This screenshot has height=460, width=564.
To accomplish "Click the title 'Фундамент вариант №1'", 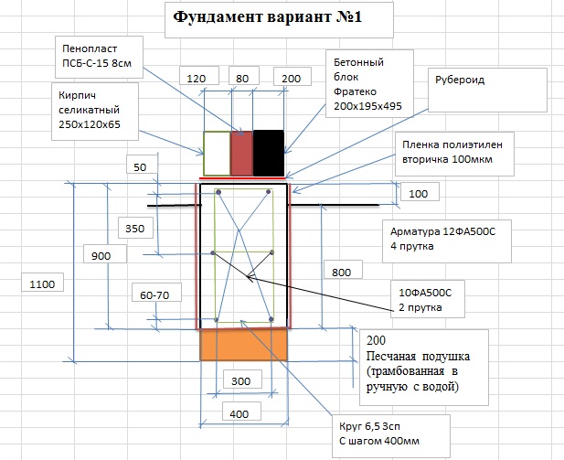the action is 268,16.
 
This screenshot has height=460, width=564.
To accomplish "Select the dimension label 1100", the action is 42,284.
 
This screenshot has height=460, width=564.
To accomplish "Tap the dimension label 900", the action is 101,256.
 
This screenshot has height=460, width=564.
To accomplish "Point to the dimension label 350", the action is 135,229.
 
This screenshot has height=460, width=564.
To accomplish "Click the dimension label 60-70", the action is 154,295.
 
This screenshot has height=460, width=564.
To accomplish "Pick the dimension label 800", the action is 341,273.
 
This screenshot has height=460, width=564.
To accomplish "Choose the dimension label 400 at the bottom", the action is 239,414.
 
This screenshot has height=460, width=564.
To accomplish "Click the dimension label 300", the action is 240,381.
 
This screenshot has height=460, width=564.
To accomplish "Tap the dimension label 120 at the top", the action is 197,79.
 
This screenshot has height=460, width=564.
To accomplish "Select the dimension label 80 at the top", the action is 242,79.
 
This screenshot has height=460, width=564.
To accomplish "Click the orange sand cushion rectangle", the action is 243,345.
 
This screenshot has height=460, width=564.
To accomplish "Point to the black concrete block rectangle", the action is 269,154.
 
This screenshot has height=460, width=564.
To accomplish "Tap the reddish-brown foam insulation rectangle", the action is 241,154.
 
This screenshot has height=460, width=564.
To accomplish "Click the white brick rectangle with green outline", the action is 217,154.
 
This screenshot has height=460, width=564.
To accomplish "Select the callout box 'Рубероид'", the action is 487,90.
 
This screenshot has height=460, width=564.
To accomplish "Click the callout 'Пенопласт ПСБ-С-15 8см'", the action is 99,57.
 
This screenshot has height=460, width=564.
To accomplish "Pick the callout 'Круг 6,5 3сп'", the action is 391,436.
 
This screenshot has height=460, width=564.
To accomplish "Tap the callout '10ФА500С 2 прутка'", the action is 428,299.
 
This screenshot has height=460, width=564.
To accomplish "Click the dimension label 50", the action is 140,167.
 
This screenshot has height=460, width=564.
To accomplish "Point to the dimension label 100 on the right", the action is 419,194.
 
